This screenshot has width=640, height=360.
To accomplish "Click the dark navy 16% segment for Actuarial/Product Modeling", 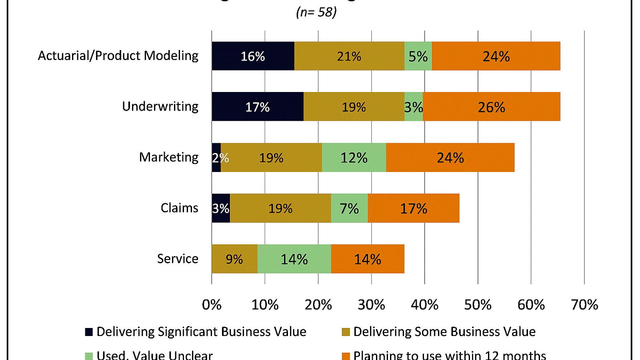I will tap(253, 56).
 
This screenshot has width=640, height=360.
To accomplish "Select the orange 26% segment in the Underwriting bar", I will tap(491, 107).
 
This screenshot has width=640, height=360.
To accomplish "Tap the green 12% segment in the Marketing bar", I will tap(354, 158).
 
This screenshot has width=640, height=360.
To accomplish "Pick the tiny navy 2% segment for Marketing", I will tap(216, 158).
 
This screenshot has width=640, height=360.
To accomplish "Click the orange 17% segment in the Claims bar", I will tap(413, 208).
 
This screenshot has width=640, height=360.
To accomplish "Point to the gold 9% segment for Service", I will tap(234, 259).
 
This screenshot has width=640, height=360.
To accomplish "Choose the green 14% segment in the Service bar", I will tap(294, 259).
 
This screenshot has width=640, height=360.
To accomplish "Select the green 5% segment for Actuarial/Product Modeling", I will tap(418, 56).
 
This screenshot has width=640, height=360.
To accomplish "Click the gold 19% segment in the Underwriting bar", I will tap(354, 107).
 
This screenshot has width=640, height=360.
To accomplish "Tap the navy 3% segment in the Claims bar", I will tap(220, 208).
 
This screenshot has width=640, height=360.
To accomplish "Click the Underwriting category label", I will tap(160, 106).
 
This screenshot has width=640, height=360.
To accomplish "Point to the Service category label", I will tap(178, 259).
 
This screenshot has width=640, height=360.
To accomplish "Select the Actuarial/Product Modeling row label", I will tap(118, 56).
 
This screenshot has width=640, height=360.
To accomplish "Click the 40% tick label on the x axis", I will tap(424, 305).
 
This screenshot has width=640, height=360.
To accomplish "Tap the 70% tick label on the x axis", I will tap(584, 305).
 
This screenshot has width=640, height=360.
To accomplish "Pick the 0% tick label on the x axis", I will tap(212, 305).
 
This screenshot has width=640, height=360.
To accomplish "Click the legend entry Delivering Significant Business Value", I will tap(201, 332).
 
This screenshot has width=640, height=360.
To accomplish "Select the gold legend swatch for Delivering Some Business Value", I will tap(346, 332).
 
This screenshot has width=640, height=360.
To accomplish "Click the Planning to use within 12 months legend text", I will tap(450, 355).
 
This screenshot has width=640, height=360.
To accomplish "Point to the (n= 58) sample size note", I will tap(316, 12).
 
